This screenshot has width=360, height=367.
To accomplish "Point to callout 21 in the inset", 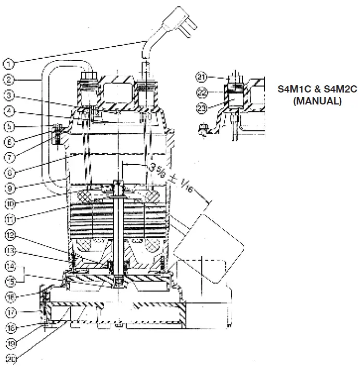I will (x=202, y=77).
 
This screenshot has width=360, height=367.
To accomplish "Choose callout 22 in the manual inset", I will (x=202, y=93).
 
